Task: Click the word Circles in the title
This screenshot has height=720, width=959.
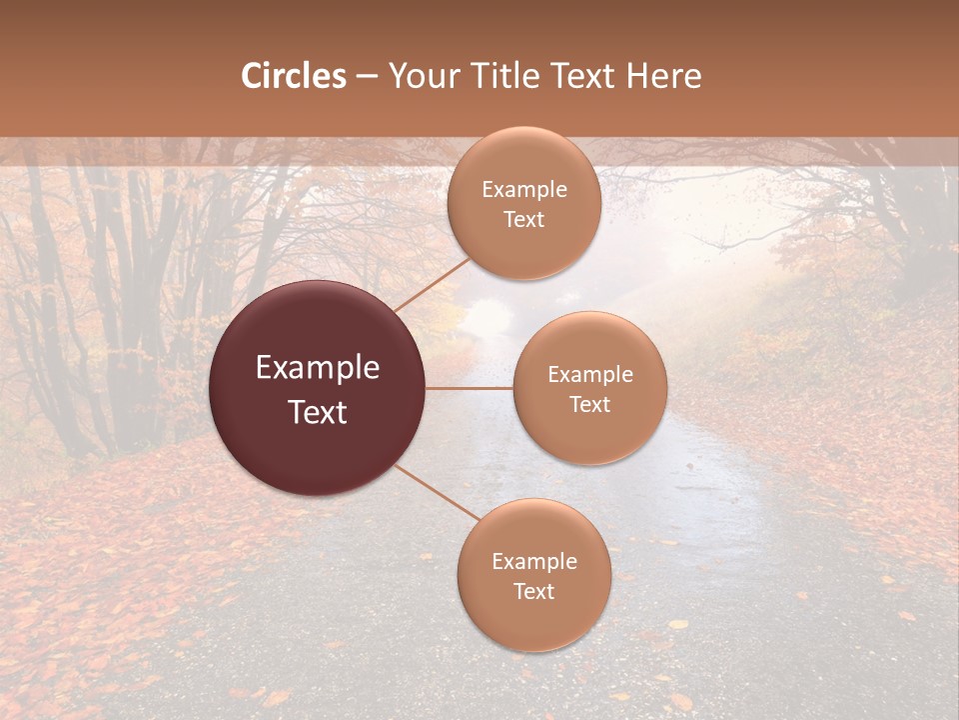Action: [x=293, y=76]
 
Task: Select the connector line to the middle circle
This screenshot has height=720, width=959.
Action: [x=470, y=387]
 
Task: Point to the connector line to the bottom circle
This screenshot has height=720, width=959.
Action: [x=438, y=492]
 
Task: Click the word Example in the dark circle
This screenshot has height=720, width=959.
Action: [x=318, y=368]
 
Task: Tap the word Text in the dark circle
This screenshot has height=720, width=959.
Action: [x=318, y=412]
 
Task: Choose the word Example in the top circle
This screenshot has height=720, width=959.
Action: [x=524, y=189]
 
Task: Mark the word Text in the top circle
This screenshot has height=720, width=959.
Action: [x=524, y=219]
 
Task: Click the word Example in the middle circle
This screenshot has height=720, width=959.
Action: [x=590, y=374]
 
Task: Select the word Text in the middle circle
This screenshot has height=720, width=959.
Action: [x=590, y=404]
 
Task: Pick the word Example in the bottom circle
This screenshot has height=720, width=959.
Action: [x=534, y=561]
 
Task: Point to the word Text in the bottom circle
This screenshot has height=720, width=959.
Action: [x=534, y=591]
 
